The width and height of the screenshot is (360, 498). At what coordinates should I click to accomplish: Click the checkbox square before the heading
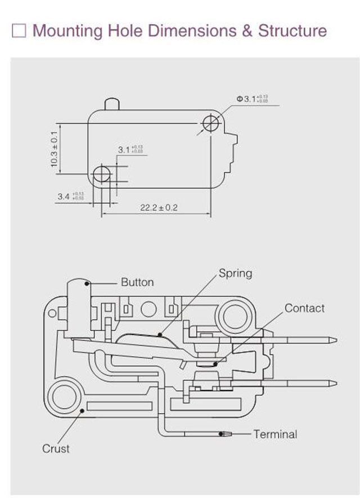coord(19,30)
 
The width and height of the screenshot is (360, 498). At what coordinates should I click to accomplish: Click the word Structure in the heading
coord(292,30)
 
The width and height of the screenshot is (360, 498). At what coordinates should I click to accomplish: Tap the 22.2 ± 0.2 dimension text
coord(159,208)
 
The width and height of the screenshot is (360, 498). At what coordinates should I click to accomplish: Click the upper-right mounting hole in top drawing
coord(211,122)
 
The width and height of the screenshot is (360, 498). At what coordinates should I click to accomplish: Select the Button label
coord(137,282)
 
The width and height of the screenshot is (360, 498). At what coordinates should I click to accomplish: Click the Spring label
coord(235,273)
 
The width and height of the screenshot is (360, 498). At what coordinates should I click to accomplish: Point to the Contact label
coord(304,308)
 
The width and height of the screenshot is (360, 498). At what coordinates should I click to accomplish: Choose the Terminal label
coord(275,434)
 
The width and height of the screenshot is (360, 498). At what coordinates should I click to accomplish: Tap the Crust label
coord(56,448)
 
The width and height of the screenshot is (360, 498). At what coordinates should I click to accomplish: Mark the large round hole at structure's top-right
coord(235,317)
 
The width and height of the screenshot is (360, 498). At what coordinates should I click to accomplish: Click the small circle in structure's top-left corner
coord(53,311)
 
